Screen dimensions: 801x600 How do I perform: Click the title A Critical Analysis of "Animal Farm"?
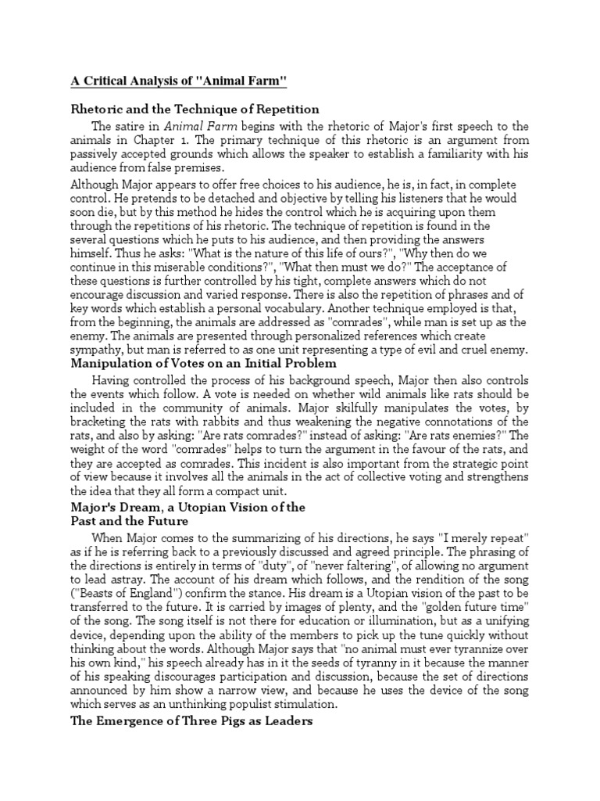[181, 82]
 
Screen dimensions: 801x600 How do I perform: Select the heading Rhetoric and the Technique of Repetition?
[195, 110]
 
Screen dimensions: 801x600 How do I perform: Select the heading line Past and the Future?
[130, 520]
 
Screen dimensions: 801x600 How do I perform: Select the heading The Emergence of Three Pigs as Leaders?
[192, 721]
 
